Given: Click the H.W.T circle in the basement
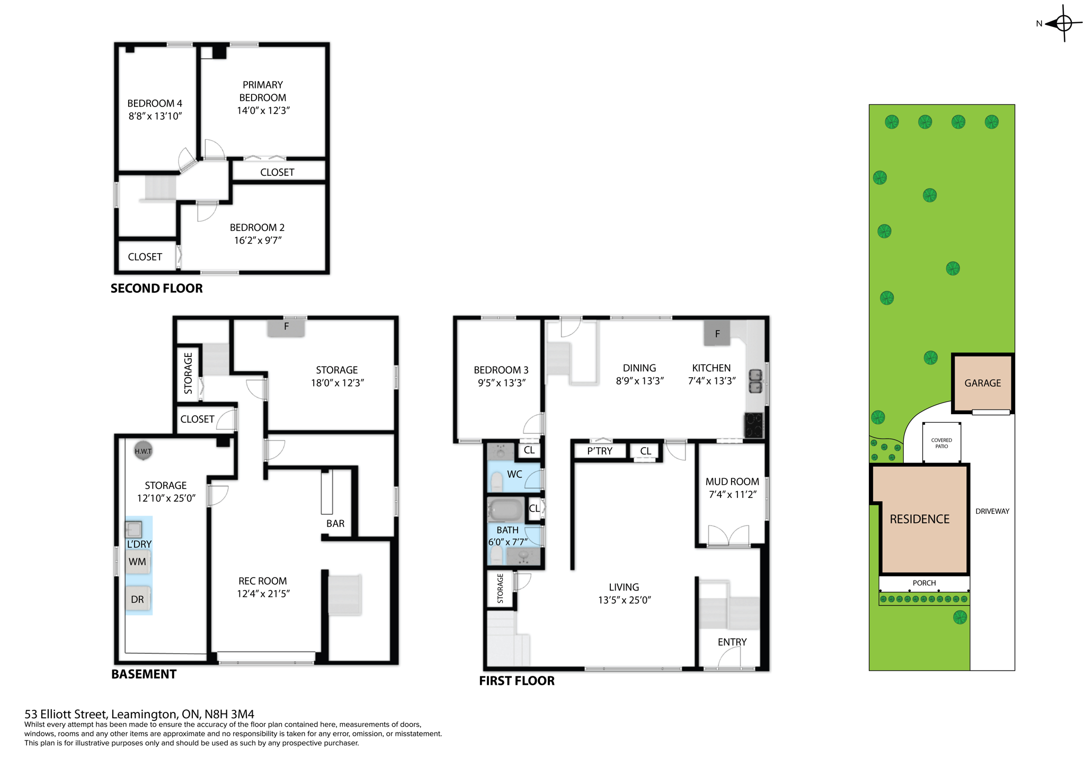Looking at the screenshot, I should [143, 451].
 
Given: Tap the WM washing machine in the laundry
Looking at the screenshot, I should [137, 562].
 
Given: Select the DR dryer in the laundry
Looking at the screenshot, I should [137, 600].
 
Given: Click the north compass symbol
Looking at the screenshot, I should [1063, 23].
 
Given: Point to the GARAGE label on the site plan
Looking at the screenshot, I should [982, 383].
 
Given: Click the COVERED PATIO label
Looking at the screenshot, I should [941, 443].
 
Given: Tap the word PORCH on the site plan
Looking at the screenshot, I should [924, 583].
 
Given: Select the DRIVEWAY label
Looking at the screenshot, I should [992, 511].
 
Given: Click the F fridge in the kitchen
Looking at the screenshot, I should [717, 334].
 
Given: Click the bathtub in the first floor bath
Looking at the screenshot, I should [505, 511].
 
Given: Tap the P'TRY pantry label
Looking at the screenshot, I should [600, 451].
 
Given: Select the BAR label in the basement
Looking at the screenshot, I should [335, 523].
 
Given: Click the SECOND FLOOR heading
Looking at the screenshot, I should [156, 289].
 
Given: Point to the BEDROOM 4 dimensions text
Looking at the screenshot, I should [155, 117].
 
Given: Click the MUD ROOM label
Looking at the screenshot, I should [732, 481].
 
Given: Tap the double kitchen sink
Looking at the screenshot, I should [755, 381].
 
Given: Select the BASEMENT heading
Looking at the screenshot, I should [144, 674].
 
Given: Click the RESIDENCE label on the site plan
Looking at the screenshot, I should [919, 519].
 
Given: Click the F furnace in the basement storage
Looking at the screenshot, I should [286, 327].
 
